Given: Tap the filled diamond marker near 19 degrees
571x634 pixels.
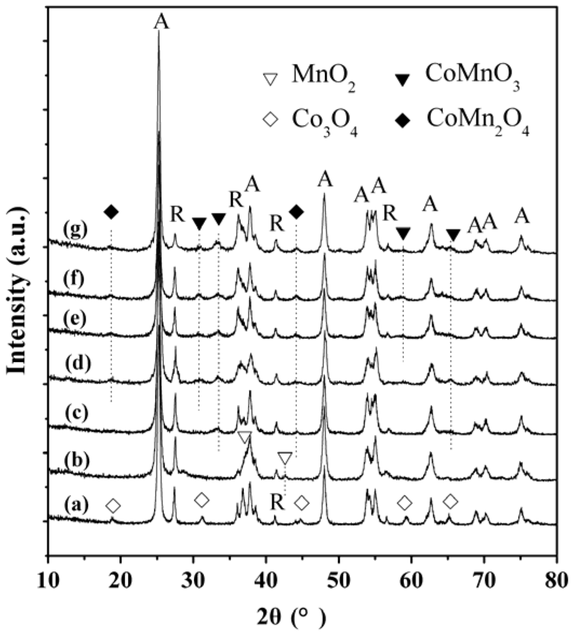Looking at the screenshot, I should coord(112,212).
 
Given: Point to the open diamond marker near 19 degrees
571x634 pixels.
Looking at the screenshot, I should coord(113,506).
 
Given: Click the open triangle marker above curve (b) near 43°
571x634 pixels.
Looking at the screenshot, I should coord(285,458).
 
